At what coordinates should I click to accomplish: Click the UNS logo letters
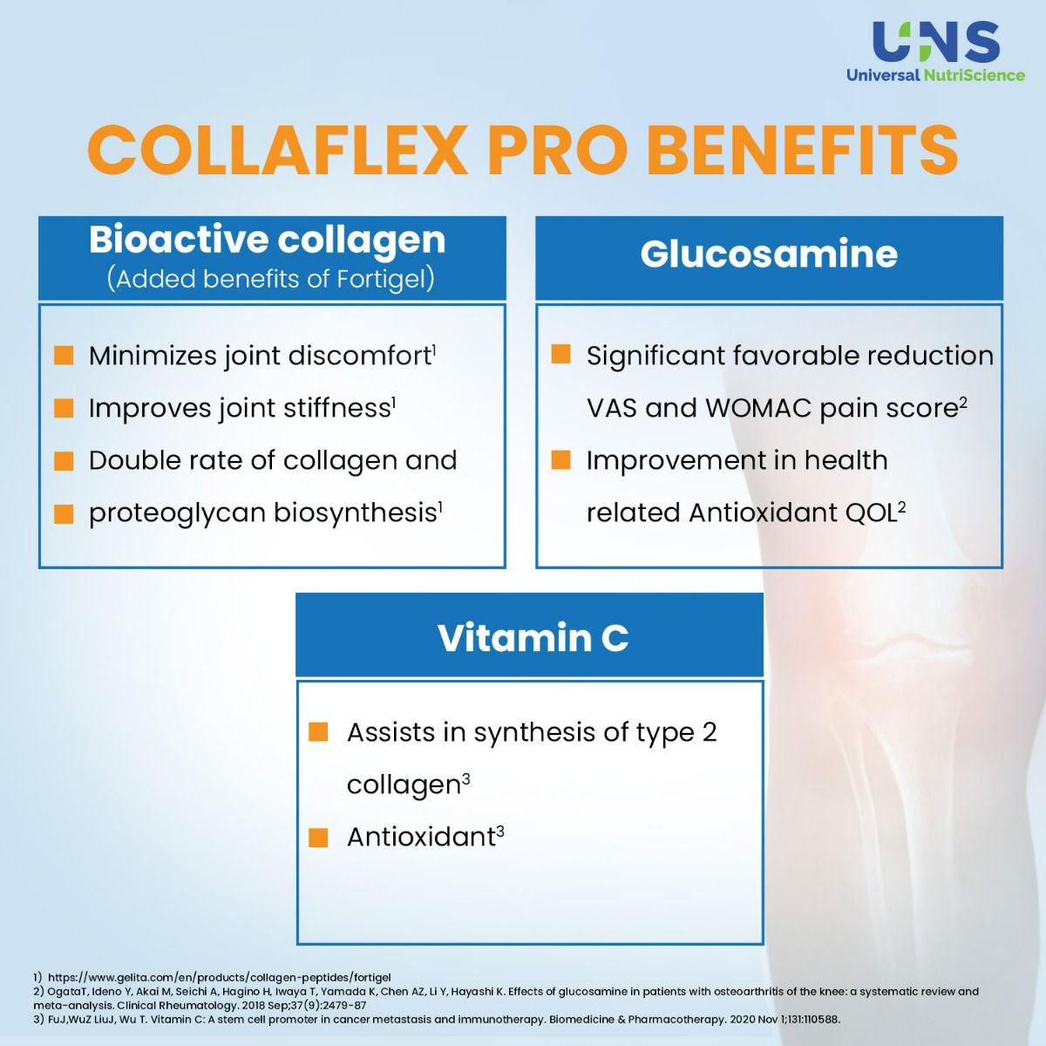(935, 41)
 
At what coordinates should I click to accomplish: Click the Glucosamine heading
(769, 255)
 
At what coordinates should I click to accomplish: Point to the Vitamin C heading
(533, 637)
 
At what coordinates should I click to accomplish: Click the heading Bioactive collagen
(267, 240)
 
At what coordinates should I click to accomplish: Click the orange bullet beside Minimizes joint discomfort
(64, 355)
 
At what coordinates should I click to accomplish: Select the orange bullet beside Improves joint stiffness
(64, 408)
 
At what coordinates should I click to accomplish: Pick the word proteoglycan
(178, 513)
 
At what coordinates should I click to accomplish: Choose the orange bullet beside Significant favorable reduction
(561, 354)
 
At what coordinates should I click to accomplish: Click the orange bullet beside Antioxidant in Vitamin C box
(318, 838)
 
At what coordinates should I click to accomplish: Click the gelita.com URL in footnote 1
(219, 977)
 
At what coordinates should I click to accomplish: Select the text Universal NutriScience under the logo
(935, 75)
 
